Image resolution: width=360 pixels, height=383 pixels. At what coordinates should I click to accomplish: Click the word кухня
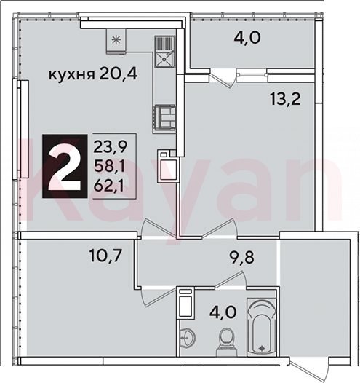click(x=72, y=75)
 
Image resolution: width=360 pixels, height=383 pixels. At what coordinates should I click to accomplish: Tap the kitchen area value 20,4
click(x=119, y=73)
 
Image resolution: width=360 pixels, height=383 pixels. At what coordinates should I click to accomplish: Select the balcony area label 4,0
click(x=247, y=38)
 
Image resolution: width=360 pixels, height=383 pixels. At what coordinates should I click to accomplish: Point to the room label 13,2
click(x=285, y=100)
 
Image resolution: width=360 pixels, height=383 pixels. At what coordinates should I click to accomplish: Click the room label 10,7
click(x=105, y=256)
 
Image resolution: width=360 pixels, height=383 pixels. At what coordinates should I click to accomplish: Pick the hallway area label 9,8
click(x=241, y=257)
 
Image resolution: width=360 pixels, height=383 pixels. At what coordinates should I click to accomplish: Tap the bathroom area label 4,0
click(x=223, y=312)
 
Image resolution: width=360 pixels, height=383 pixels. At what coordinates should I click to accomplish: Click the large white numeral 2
click(x=65, y=166)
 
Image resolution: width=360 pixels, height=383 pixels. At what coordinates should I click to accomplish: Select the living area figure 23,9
click(x=111, y=147)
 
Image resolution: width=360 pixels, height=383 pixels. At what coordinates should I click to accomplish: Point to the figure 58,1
click(x=109, y=167)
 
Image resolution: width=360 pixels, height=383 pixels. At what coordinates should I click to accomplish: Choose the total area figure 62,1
click(x=109, y=186)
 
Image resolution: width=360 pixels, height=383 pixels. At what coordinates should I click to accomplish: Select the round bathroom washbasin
click(x=188, y=338)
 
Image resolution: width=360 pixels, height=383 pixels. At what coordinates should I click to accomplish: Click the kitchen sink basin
click(x=164, y=60)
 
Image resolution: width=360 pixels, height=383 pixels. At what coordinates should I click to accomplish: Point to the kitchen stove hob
click(x=164, y=119)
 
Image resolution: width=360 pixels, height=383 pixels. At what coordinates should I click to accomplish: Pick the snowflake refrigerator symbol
click(x=116, y=40)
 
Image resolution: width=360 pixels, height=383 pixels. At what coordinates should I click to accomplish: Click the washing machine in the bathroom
click(x=185, y=303)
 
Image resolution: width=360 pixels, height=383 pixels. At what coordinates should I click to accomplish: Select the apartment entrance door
click(x=303, y=371)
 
